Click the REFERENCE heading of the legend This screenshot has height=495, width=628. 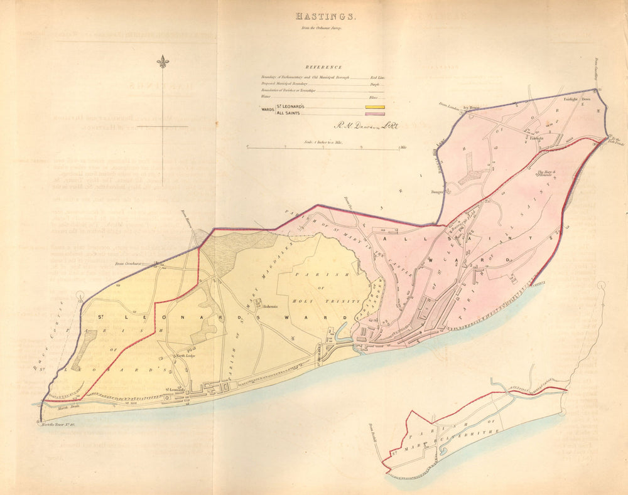[x=323, y=67]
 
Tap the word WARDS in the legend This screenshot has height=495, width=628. [x=266, y=110]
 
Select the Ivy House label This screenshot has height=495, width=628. [x=470, y=108]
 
